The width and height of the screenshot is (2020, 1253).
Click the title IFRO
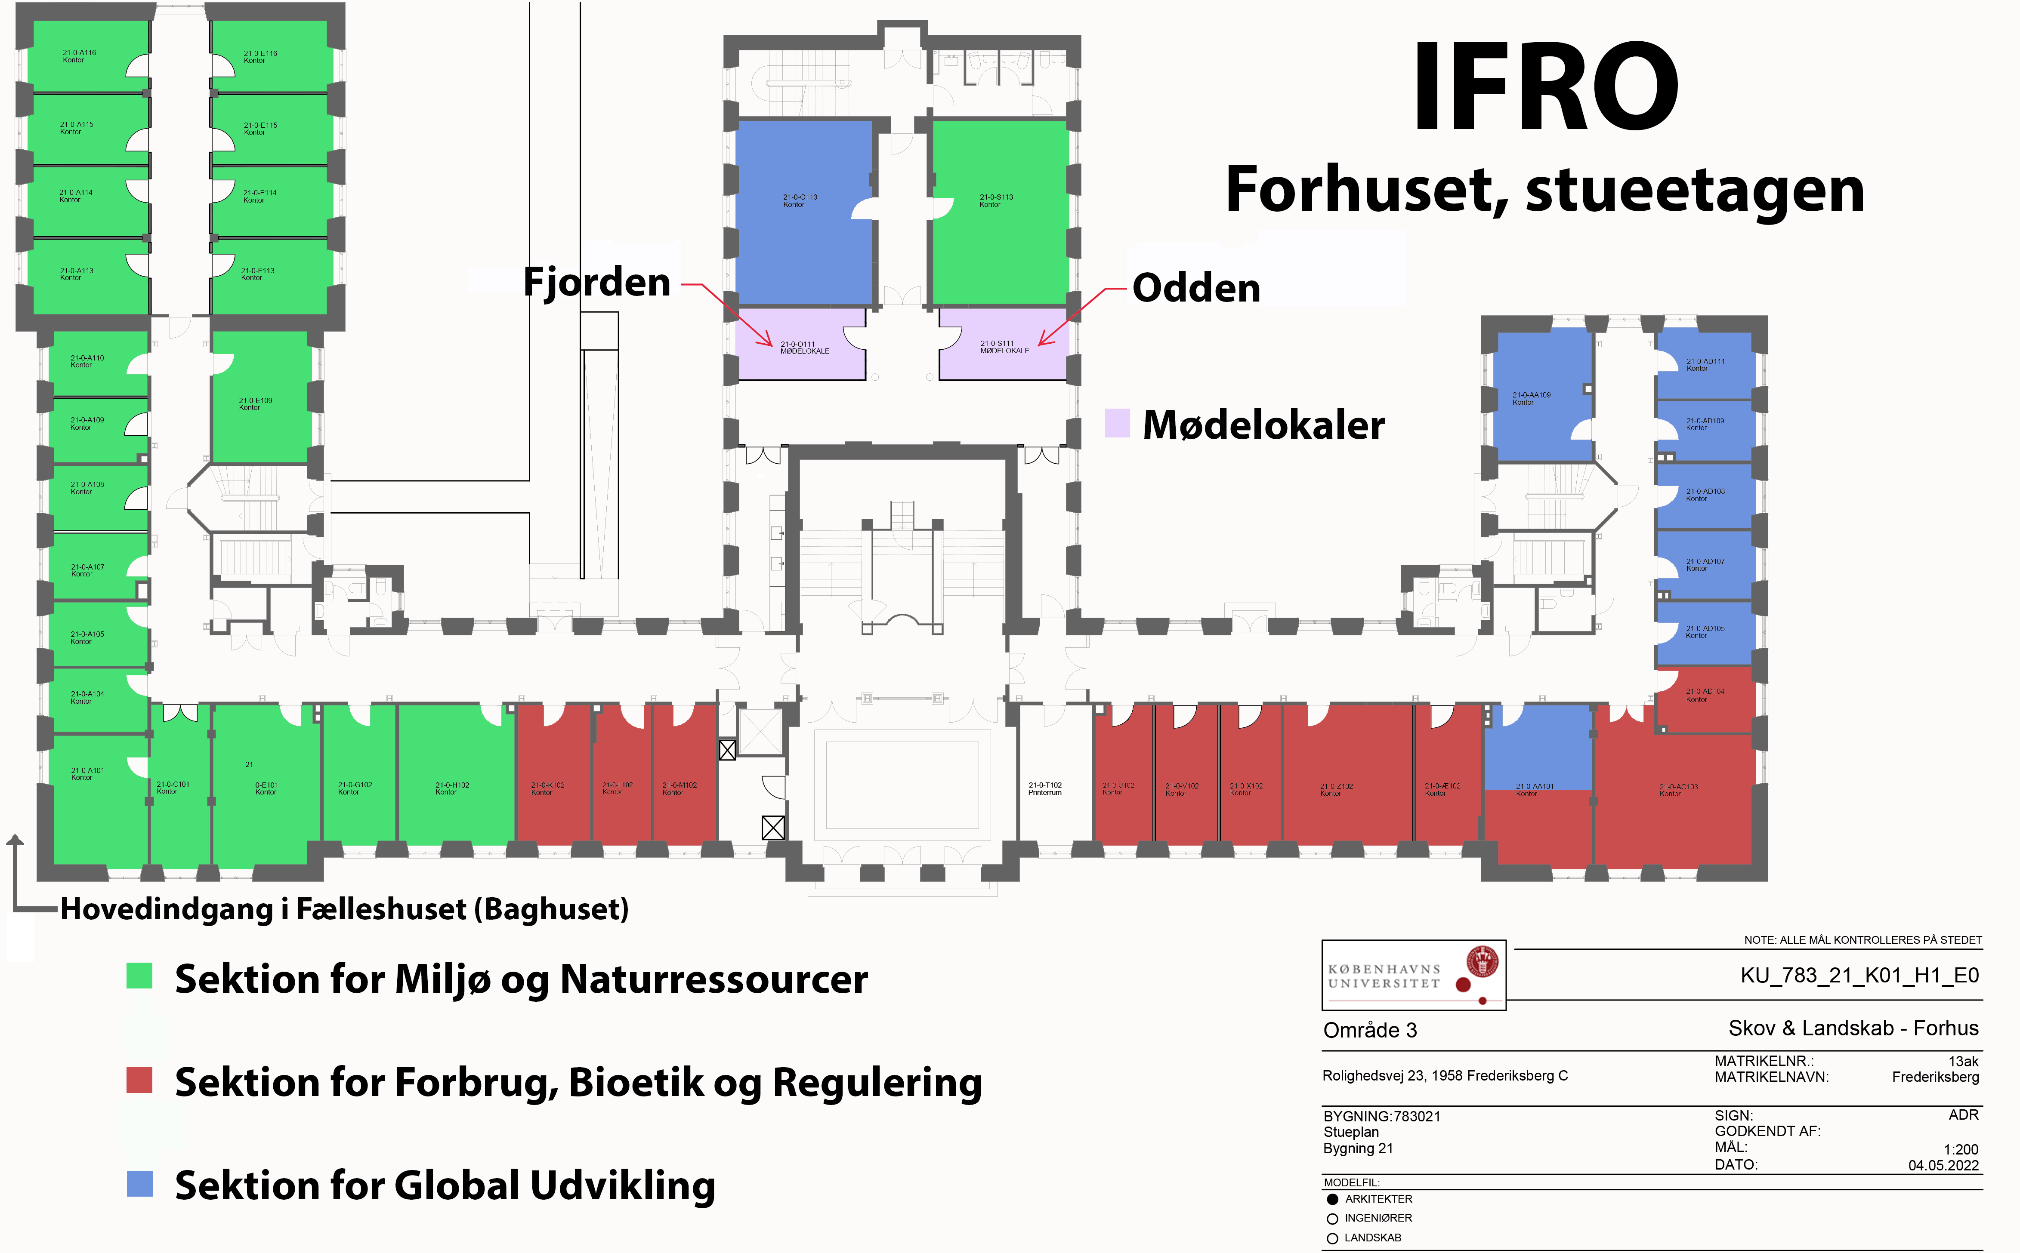pyautogui.click(x=1545, y=87)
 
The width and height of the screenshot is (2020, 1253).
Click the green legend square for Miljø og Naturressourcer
pyautogui.click(x=139, y=976)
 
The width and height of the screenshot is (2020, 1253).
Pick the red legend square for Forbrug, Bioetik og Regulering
pyautogui.click(x=139, y=1080)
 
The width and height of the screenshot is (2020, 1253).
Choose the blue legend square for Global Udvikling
pyautogui.click(x=139, y=1183)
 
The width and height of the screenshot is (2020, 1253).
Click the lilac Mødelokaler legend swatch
pyautogui.click(x=1117, y=423)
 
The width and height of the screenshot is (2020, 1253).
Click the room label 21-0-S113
pyautogui.click(x=995, y=200)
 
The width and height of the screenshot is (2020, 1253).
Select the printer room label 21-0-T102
pyautogui.click(x=1044, y=788)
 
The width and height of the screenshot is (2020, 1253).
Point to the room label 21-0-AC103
pyautogui.click(x=1678, y=790)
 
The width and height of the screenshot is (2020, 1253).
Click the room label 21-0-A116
pyautogui.click(x=79, y=55)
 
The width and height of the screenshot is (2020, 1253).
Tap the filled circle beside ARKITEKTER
pyautogui.click(x=1332, y=1199)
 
